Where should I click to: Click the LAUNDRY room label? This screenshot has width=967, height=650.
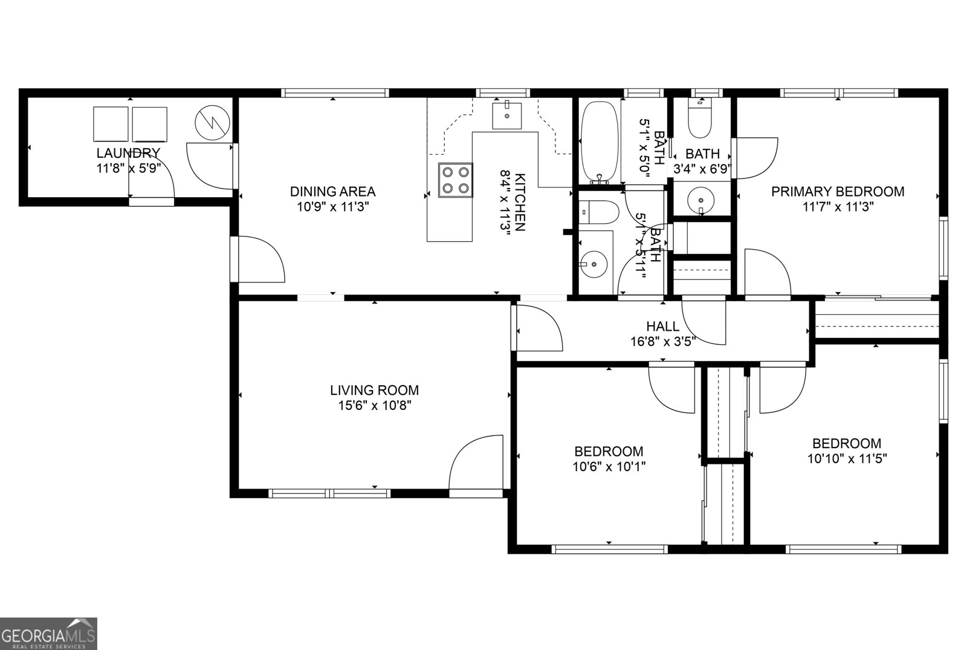click(128, 153)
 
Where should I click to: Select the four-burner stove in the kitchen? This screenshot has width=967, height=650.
click(455, 180)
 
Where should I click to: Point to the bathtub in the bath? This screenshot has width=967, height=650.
click(599, 143)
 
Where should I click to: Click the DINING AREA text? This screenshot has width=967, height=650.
click(332, 192)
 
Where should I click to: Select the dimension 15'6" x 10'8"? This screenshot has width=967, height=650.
click(374, 406)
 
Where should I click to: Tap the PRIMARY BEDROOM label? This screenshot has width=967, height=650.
click(838, 192)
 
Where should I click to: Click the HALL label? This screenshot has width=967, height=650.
click(662, 327)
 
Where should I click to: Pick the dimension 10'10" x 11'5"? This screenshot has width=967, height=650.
click(847, 458)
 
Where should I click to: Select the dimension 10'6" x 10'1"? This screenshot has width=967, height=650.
click(608, 467)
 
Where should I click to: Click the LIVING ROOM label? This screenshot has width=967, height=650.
click(374, 391)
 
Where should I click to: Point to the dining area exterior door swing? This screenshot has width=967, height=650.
click(259, 259)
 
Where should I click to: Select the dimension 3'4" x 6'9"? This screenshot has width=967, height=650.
click(703, 169)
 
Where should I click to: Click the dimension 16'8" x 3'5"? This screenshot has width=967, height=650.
click(662, 341)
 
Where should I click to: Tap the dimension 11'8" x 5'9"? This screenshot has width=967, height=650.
click(128, 169)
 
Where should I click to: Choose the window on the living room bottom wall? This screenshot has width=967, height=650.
click(329, 493)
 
